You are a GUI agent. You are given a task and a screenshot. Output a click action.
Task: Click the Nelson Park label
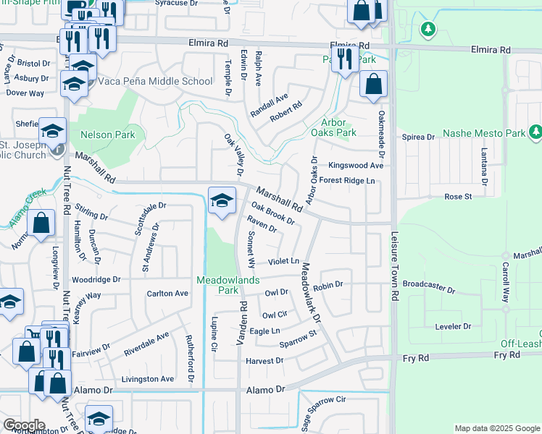click(x=108, y=135)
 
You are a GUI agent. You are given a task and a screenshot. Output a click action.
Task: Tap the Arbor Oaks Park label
click(x=333, y=127)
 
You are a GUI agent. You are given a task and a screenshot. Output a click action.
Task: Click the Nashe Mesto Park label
click(x=483, y=133)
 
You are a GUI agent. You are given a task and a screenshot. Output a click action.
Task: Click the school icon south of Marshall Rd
click(x=222, y=201)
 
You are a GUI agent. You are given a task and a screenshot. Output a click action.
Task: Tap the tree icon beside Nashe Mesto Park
click(x=535, y=132)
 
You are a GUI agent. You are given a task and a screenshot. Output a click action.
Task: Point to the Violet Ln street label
click(x=283, y=260)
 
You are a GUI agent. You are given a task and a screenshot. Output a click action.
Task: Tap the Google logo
click(x=24, y=425)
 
